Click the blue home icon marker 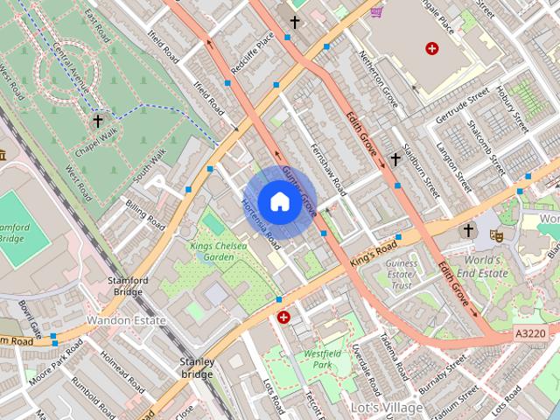pyautogui.click(x=278, y=201)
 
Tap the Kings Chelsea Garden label pyautogui.click(x=213, y=252)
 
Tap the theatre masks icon pyautogui.click(x=495, y=234)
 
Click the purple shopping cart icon pyautogui.click(x=376, y=12)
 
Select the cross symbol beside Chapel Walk pyautogui.click(x=98, y=121)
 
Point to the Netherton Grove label pyautogui.click(x=379, y=80)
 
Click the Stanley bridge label pyautogui.click(x=197, y=367)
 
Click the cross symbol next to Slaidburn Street pyautogui.click(x=395, y=159)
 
